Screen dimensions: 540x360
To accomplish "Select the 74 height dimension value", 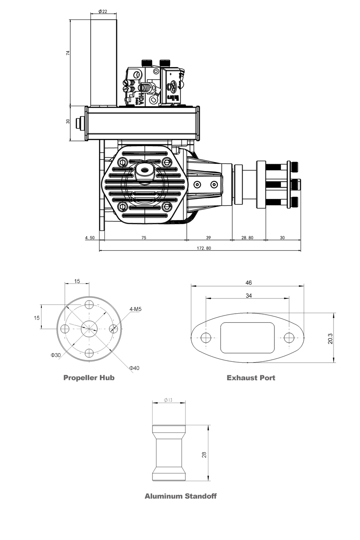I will pos(68,53).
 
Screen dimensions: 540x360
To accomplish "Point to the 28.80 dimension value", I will pos(247,238).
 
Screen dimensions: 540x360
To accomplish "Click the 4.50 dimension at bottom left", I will pos(90,238).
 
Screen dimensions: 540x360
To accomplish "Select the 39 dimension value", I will pos(208,238).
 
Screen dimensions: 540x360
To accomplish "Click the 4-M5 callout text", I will pos(135,309).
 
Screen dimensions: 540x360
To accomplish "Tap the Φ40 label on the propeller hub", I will pos(134,368).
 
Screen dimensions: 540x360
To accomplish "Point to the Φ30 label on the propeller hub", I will pos(56,355).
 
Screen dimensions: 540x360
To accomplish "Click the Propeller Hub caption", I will pos(89,378).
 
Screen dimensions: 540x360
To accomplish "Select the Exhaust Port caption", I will pos(251,378).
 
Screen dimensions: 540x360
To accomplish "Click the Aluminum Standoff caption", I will pos(180,496).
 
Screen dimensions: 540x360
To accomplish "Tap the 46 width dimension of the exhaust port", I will pos(248,283).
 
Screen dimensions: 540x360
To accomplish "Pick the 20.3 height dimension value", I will pos(331,338).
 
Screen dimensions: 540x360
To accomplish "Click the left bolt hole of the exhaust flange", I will pos(206,338).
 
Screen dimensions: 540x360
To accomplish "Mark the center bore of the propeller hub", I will pos(90,328).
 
